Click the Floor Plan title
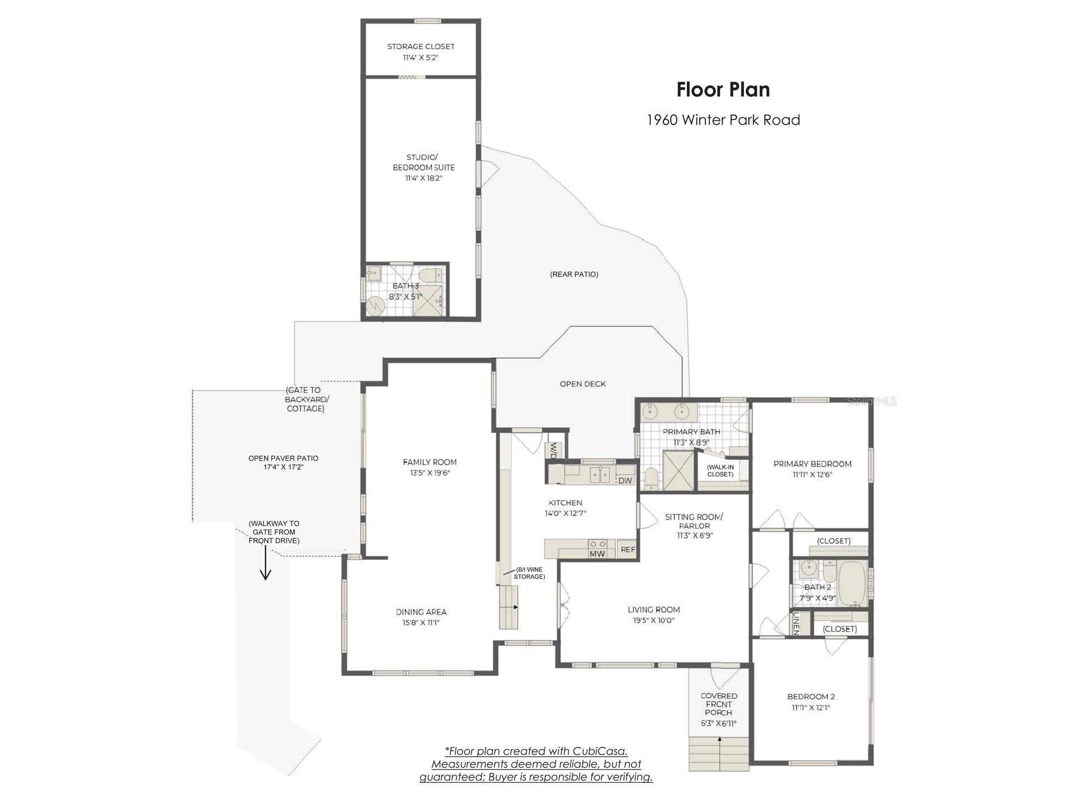point(723,89)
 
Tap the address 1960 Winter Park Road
point(723,120)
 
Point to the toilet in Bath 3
point(429,274)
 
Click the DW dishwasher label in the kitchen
point(625,481)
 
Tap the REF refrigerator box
point(628,549)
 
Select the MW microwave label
point(597,554)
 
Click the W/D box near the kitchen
point(552,451)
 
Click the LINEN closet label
point(797,623)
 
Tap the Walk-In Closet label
point(720,470)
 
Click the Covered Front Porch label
point(719,704)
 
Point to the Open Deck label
point(583,384)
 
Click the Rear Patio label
point(574,274)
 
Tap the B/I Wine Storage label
point(529,573)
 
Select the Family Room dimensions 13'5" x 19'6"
point(430,473)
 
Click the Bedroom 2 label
point(811,697)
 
